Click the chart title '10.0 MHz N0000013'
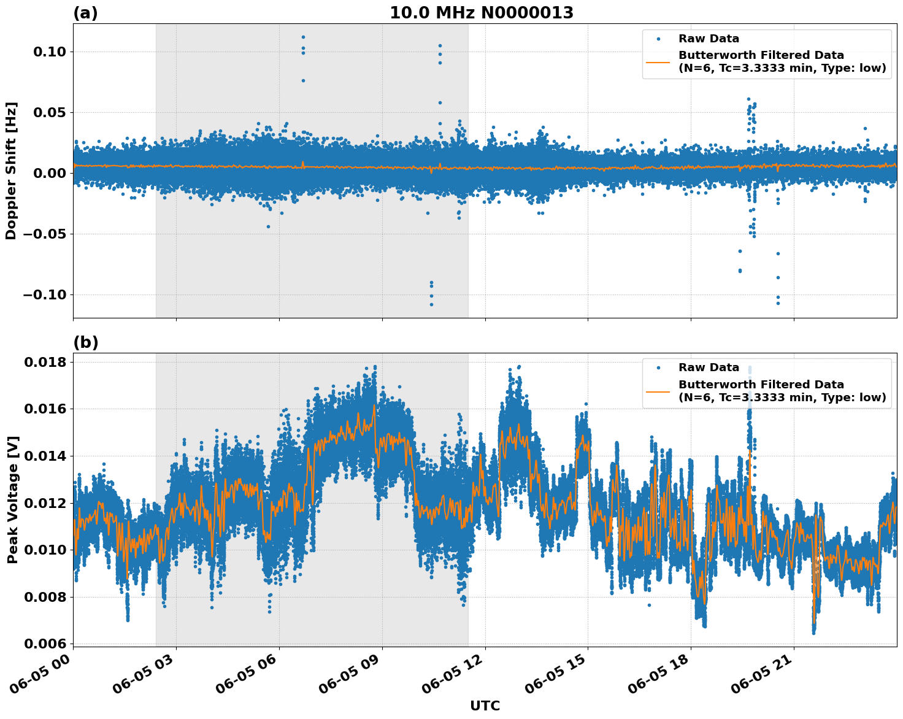tap(482, 13)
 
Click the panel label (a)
tap(85, 13)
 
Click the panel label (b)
tap(85, 342)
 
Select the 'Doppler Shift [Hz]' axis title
tap(11, 171)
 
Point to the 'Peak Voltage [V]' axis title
tap(12, 499)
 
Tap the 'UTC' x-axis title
tap(485, 706)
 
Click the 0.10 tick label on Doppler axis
tap(49, 52)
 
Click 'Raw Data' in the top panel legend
tap(709, 39)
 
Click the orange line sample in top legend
tap(658, 61)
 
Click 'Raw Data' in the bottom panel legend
tap(709, 367)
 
